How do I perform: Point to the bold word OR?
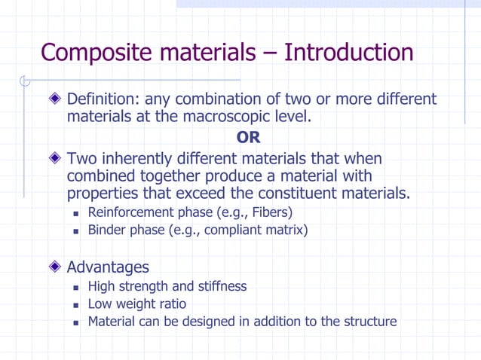point(248,139)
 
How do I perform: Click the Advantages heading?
point(108,267)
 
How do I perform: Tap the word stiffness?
point(219,286)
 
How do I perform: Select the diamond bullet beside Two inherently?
point(54,159)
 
